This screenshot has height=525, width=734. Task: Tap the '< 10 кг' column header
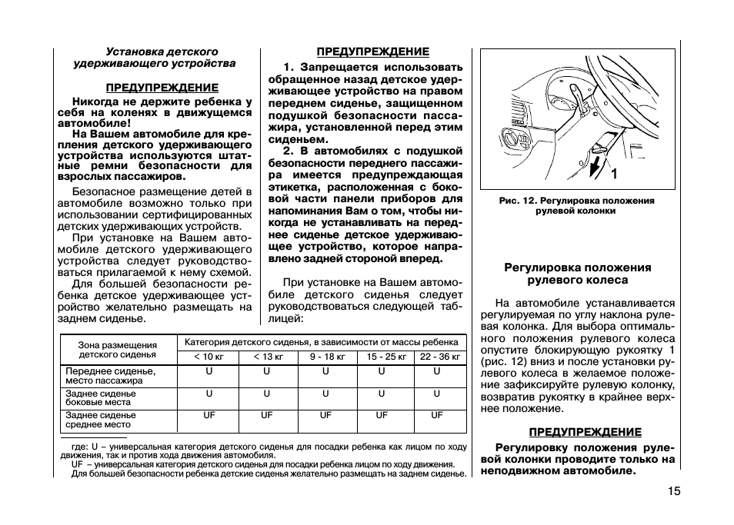(x=209, y=357)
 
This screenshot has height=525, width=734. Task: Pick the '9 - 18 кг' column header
(x=325, y=357)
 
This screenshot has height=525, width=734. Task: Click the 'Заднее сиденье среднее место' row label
(x=101, y=420)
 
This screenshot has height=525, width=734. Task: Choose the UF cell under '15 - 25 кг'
(x=382, y=415)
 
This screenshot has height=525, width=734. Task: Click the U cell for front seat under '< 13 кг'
(x=267, y=371)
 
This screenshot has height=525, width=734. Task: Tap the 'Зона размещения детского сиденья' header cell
(x=117, y=351)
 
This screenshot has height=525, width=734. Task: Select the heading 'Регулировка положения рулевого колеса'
(x=577, y=274)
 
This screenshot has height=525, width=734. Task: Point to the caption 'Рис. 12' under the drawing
(x=577, y=205)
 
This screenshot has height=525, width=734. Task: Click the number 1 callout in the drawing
(x=613, y=174)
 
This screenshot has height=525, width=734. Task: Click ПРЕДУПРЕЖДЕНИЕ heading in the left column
(x=162, y=88)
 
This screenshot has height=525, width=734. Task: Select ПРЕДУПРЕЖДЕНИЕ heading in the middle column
(x=373, y=52)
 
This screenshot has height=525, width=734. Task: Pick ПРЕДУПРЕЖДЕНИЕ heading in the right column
(x=585, y=432)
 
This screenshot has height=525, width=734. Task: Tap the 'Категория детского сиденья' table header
(x=322, y=342)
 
